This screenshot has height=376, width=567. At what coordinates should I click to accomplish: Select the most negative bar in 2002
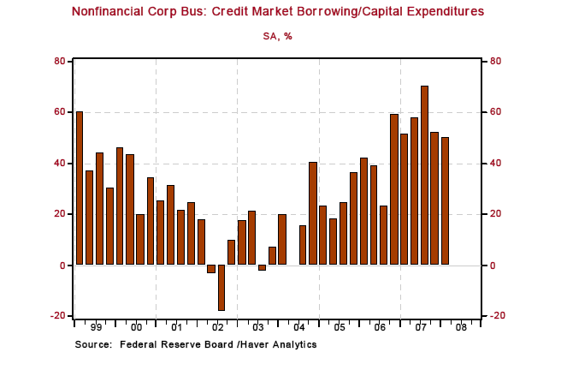coord(221,288)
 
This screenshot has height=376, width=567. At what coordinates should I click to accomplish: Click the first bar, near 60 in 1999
coord(80,188)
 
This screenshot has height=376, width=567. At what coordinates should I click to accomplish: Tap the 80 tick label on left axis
coord(60,62)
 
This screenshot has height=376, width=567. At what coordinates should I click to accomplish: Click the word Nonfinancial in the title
coord(112,12)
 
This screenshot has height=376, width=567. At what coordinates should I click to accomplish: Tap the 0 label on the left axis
coord(62,266)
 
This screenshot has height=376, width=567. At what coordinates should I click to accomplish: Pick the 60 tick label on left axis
coord(60,112)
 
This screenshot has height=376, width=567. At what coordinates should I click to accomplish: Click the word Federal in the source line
coord(139,344)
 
